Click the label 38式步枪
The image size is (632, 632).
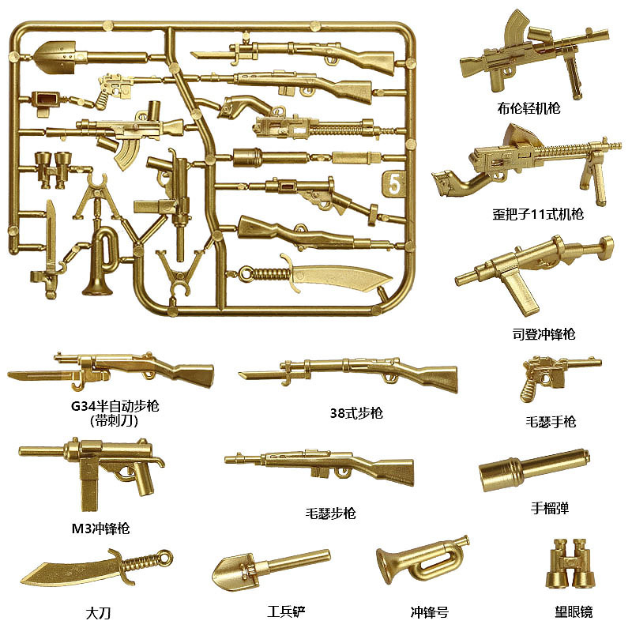[356, 412]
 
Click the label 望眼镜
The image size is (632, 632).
[574, 611]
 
